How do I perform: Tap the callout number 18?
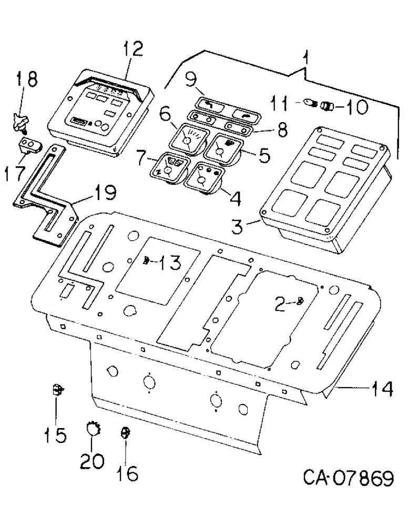(x=26, y=80)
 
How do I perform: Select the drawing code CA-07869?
(x=348, y=479)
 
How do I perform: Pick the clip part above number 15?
(x=58, y=390)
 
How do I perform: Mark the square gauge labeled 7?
(x=168, y=167)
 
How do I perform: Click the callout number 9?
(x=189, y=80)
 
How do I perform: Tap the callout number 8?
(x=283, y=130)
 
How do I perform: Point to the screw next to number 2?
(x=299, y=301)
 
